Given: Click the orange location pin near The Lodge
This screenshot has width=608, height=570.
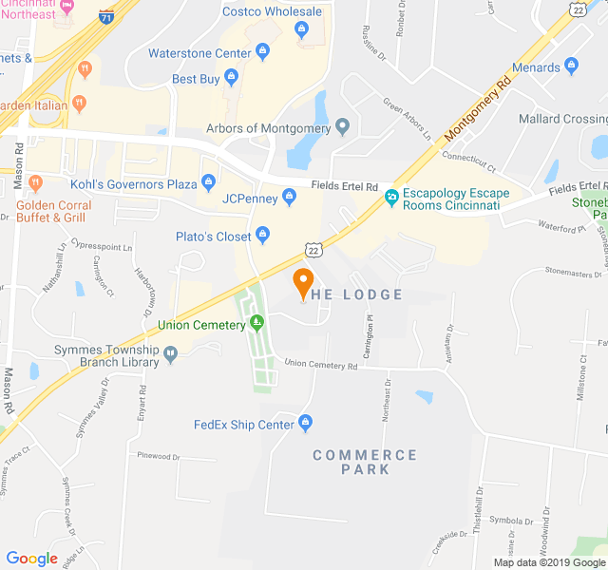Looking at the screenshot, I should [x=303, y=283].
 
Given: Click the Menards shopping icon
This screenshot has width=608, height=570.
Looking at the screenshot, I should [x=571, y=66].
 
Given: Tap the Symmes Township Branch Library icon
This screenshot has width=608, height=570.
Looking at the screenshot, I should [x=170, y=354].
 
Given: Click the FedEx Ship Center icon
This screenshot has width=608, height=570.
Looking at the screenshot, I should [x=305, y=423].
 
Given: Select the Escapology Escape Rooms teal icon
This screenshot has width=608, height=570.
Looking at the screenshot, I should [x=390, y=198].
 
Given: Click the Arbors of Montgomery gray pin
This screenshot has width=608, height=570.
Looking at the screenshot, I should [x=343, y=128].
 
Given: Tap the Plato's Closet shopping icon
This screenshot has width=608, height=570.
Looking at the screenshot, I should [x=265, y=235].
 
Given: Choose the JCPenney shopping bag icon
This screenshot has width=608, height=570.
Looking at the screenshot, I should [x=291, y=198].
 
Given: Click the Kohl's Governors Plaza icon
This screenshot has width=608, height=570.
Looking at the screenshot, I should [x=209, y=182].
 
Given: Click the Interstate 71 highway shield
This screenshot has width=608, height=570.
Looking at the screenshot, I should [x=106, y=16].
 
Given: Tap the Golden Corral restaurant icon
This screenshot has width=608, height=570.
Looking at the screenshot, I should [x=36, y=181].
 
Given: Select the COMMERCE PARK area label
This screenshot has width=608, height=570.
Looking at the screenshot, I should [x=365, y=462].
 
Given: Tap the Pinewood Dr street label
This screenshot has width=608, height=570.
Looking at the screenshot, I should [x=158, y=456].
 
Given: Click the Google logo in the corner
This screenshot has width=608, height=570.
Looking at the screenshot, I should [x=32, y=558].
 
